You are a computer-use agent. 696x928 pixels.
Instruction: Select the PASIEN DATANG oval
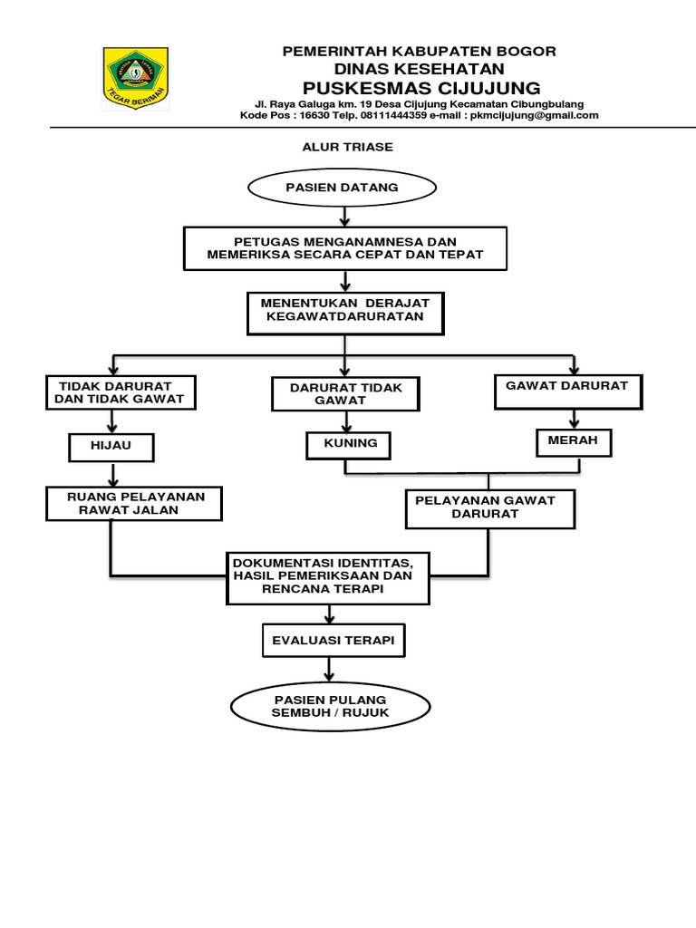click(x=343, y=188)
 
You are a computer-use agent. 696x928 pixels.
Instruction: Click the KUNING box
click(x=349, y=446)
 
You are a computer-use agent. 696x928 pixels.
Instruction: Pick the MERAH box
click(x=574, y=442)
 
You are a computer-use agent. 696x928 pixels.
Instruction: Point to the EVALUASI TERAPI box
click(x=333, y=641)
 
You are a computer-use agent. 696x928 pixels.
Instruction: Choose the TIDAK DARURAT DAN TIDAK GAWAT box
click(x=121, y=392)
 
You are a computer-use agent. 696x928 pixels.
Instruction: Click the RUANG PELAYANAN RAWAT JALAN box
click(x=135, y=504)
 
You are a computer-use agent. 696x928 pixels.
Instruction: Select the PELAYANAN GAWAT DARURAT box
click(x=489, y=508)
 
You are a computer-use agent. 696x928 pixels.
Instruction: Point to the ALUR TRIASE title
click(x=347, y=147)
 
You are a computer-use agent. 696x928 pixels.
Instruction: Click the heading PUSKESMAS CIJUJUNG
click(x=420, y=88)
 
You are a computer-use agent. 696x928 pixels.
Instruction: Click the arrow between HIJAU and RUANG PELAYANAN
click(x=112, y=474)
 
